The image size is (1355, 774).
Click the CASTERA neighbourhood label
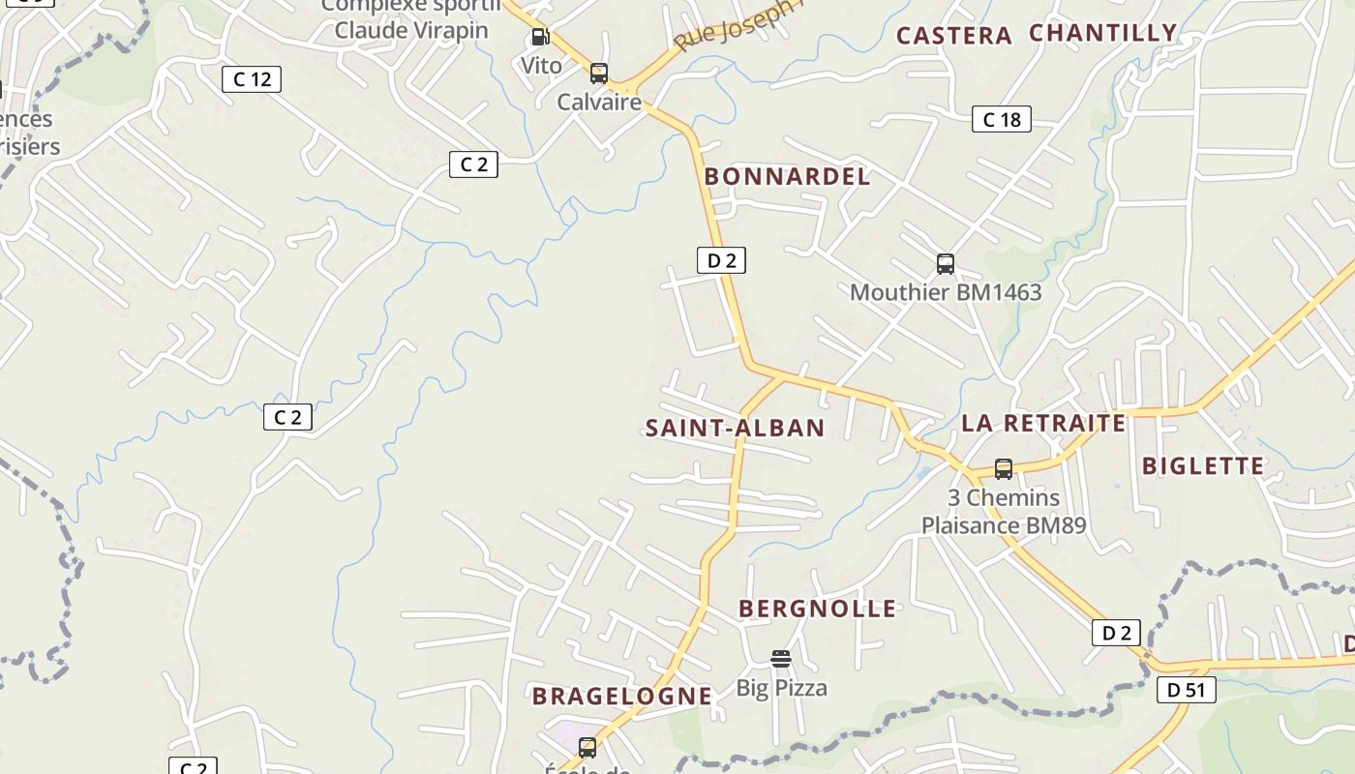953,36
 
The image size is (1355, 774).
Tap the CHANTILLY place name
1102,33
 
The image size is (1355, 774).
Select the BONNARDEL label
787,176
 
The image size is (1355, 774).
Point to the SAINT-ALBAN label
735,428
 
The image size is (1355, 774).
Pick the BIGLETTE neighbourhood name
1203,465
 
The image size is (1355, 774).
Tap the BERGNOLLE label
818,609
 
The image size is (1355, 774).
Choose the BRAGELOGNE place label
621,696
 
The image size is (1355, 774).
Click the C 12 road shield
252,79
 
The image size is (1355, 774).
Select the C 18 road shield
1002,119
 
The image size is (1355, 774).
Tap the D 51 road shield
1187,690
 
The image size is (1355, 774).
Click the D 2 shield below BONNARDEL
721,259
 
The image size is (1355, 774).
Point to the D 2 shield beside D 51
1116,633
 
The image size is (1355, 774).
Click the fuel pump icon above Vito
540,38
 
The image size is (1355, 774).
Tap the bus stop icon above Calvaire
599,74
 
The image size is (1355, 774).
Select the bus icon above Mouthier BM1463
946,264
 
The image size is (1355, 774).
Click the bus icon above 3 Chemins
1004,469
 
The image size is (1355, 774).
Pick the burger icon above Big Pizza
781,659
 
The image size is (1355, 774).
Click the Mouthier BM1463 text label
946,292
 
